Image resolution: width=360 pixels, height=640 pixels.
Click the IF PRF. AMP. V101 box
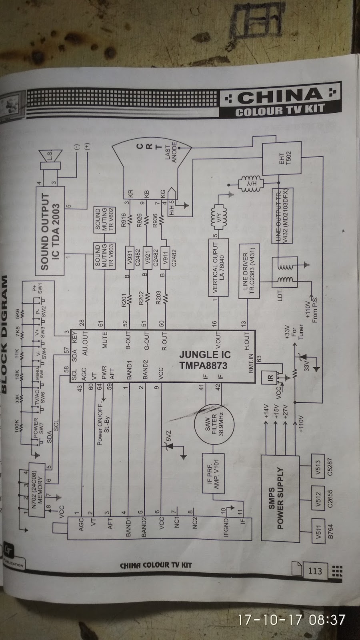[x=213, y=474]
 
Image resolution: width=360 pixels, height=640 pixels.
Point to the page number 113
[x=315, y=570]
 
